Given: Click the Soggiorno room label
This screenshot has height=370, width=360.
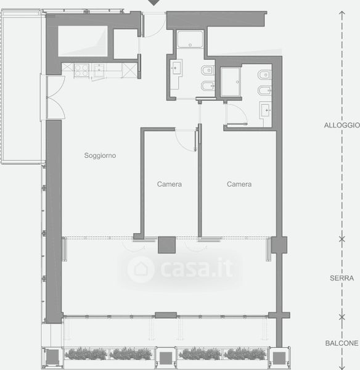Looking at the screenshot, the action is coord(100,155).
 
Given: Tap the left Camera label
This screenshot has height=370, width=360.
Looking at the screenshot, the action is coord(170,184).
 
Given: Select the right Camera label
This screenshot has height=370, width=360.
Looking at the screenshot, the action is coord(239,184).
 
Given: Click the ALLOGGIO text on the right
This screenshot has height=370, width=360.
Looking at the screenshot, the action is coord(342,125).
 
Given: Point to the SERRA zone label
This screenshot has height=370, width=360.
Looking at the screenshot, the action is coord(342,278).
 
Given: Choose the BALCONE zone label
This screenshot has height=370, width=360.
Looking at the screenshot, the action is coord(342,343).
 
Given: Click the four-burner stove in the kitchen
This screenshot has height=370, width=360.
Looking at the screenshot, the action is coord(81,70).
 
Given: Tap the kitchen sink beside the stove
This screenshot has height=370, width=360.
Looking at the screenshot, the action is coord(99,70).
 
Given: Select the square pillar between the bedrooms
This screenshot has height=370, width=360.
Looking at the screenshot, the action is coord(167,245).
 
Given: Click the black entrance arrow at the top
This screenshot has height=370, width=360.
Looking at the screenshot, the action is coord(154,2).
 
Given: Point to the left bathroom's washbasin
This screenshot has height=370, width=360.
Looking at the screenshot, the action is coord(176,68).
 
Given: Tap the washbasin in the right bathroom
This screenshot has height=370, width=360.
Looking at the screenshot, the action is coord(266,110).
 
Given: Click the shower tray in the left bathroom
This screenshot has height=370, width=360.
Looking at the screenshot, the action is coord(190,39).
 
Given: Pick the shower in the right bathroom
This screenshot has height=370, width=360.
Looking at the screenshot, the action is coord(231,82).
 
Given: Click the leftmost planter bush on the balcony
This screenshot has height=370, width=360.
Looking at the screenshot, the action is coord(86,354).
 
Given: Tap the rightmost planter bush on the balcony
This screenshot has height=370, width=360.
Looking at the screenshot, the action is coord(245,354).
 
